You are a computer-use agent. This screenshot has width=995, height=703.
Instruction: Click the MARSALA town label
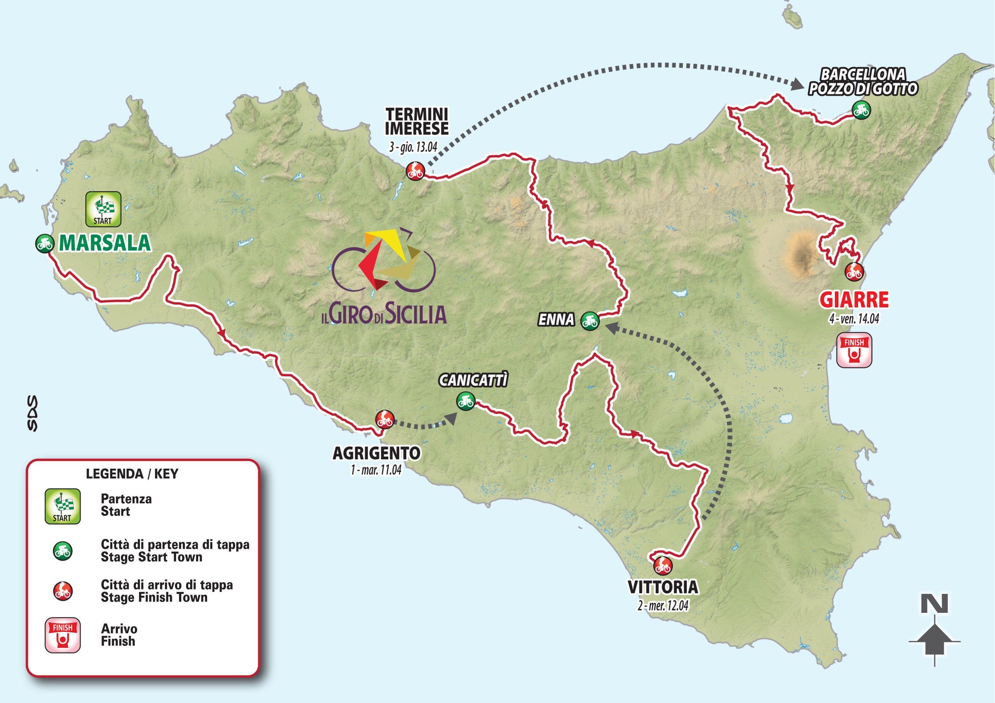[105, 244]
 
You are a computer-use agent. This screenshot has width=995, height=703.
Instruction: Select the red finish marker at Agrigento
[384, 419]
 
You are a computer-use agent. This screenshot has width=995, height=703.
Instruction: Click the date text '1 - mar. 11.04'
[376, 470]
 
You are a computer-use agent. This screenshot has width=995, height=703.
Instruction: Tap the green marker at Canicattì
[465, 401]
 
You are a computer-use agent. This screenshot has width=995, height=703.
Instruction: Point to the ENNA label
[556, 320]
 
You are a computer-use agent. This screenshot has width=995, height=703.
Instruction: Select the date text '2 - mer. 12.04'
[663, 606]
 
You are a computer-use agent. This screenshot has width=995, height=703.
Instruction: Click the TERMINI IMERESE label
[417, 122]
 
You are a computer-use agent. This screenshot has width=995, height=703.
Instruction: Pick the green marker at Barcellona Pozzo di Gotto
[860, 110]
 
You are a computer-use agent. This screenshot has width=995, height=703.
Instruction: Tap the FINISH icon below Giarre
[854, 350]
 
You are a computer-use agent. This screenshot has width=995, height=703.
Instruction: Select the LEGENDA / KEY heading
[132, 474]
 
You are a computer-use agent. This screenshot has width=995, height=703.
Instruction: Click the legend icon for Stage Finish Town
[63, 591]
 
